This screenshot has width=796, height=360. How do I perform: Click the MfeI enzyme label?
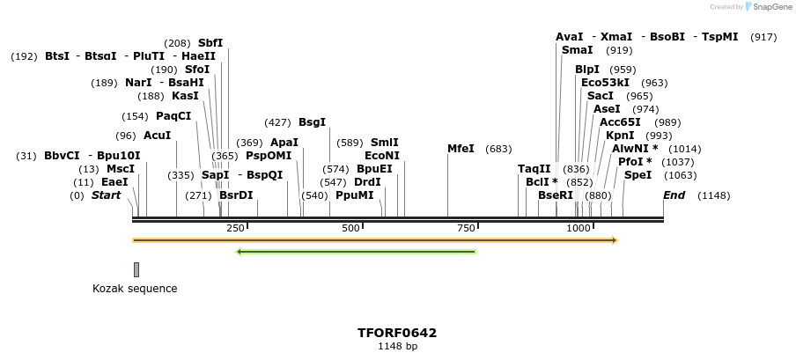(461, 149)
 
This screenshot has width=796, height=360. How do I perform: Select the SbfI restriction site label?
(210, 42)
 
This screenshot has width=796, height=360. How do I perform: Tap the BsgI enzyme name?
(312, 122)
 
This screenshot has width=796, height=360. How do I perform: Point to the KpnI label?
(620, 136)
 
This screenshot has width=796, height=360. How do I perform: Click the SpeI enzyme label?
(638, 175)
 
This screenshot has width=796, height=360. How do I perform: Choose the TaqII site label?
(534, 169)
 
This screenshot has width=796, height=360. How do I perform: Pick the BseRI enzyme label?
(556, 195)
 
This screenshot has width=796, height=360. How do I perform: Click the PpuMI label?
(354, 195)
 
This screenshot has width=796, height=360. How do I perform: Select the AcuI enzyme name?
(157, 136)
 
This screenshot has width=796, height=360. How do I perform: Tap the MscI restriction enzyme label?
(121, 169)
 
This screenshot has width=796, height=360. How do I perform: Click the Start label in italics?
(106, 195)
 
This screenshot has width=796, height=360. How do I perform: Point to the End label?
(674, 195)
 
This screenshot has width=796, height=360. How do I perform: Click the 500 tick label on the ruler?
(350, 228)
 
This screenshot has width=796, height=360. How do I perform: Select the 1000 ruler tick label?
(578, 228)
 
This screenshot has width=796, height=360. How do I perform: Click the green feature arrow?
(356, 252)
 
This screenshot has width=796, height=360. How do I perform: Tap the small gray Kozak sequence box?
(136, 269)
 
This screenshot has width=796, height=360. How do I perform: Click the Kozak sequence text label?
(135, 289)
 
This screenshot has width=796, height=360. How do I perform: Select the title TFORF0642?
(397, 333)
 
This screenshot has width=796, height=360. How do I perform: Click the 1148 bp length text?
(397, 347)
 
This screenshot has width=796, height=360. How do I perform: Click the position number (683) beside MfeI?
(498, 149)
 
